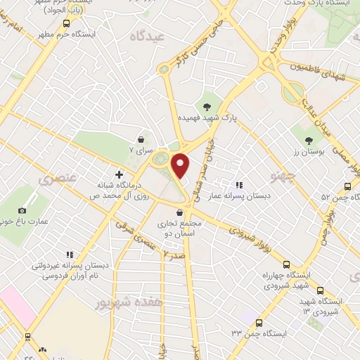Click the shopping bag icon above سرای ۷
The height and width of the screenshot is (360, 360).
pyautogui.click(x=143, y=139)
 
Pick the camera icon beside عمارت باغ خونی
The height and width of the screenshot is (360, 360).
pyautogui.click(x=22, y=211)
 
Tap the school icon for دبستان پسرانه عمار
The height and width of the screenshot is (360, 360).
pyautogui.click(x=238, y=165)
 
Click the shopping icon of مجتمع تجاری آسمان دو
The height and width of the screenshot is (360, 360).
pyautogui.click(x=181, y=212)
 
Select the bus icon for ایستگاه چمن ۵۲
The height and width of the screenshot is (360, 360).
pyautogui.click(x=347, y=186)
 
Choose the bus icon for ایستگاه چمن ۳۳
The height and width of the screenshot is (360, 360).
pyautogui.click(x=259, y=323)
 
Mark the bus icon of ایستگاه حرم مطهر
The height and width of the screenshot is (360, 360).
pyautogui.click(x=66, y=23)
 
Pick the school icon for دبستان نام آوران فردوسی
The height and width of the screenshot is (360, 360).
pyautogui.click(x=69, y=254)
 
